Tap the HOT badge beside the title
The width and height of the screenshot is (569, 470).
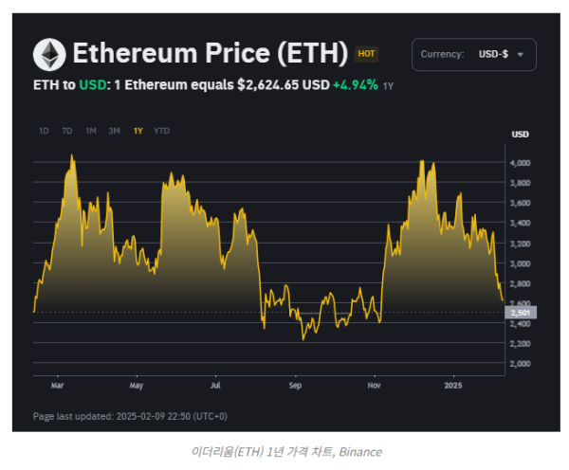[366, 55]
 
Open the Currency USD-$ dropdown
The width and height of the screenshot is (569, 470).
[474, 55]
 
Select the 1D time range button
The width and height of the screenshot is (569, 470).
[44, 130]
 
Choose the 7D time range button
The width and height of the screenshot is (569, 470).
[66, 130]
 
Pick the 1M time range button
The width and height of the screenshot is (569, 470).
[90, 130]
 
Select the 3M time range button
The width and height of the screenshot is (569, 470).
[114, 130]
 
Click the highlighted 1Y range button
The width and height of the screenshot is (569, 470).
[138, 130]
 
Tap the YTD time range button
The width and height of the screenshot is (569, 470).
[162, 130]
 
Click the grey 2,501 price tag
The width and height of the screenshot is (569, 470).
[523, 313]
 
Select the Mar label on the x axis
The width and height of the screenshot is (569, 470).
[57, 386]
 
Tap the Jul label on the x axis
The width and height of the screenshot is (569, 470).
[216, 386]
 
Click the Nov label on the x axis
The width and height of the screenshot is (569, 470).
[375, 386]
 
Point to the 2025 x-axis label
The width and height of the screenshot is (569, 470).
[454, 386]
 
